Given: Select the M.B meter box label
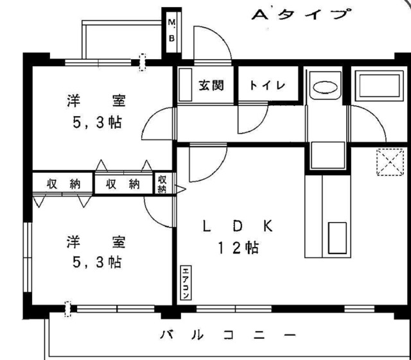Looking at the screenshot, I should (x=171, y=30).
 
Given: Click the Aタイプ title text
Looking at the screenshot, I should (x=302, y=15).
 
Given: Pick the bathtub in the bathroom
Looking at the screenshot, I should (x=378, y=86).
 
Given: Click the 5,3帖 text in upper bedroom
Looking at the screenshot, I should (x=97, y=121).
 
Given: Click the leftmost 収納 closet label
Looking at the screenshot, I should (x=62, y=184).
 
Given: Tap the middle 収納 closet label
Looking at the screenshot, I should (x=123, y=184).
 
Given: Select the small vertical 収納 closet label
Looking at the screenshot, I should (x=162, y=184).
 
